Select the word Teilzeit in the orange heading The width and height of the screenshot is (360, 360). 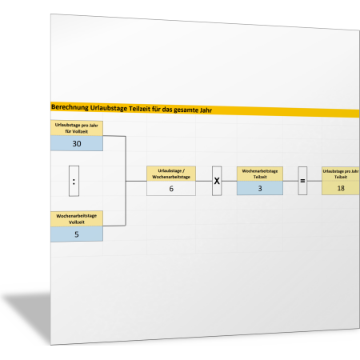(x=139, y=109)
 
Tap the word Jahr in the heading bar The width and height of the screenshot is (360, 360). (x=205, y=110)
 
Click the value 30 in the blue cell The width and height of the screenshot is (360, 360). (x=77, y=143)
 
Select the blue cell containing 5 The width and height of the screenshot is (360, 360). (x=77, y=234)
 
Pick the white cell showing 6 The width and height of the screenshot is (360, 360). (x=171, y=189)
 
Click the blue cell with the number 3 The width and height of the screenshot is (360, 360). (x=260, y=188)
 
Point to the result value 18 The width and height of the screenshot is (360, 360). (x=341, y=188)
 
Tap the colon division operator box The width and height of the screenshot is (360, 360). (x=74, y=181)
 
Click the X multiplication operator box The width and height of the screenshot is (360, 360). (x=217, y=181)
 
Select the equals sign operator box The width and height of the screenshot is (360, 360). (x=302, y=181)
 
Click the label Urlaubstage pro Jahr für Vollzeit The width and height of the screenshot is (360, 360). (x=77, y=128)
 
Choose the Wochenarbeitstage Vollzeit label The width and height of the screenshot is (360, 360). (x=77, y=219)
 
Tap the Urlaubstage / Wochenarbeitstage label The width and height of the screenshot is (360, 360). (x=171, y=174)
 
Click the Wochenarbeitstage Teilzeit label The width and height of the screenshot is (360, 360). (x=260, y=174)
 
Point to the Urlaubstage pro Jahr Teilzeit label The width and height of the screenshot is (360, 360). (x=341, y=174)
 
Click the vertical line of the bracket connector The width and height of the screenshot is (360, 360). (x=126, y=181)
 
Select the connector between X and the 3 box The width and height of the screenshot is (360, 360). (x=230, y=181)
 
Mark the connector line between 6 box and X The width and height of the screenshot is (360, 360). (x=204, y=181)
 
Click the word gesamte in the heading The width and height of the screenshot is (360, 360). (x=185, y=110)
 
